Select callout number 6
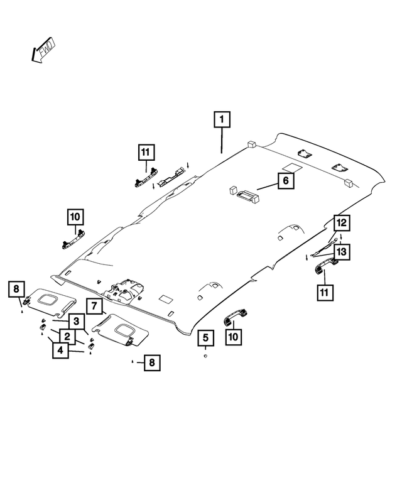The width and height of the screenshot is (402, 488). tap(285, 181)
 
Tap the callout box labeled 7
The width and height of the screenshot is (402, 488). tap(92, 306)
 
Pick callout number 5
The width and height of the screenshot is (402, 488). tap(205, 339)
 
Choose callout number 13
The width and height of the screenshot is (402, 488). tap(341, 252)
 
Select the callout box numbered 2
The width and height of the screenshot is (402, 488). tap(65, 337)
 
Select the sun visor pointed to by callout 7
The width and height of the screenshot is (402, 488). tap(121, 327)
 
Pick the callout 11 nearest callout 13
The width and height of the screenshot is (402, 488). tap(325, 292)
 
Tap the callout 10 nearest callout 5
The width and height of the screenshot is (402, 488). tap(232, 337)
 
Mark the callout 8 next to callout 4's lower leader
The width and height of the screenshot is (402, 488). tap(151, 362)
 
